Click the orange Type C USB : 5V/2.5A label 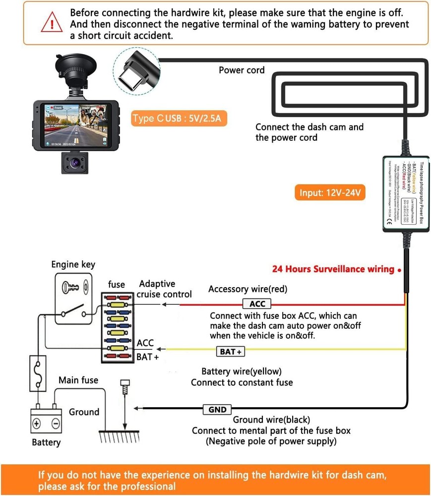point(179,119)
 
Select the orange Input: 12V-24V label point(332,192)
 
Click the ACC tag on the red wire point(257,304)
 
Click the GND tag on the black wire point(217,410)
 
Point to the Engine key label point(73,264)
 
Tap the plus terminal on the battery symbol point(36,424)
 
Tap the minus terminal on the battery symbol point(55,424)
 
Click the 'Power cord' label point(242,70)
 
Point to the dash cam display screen point(75,126)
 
